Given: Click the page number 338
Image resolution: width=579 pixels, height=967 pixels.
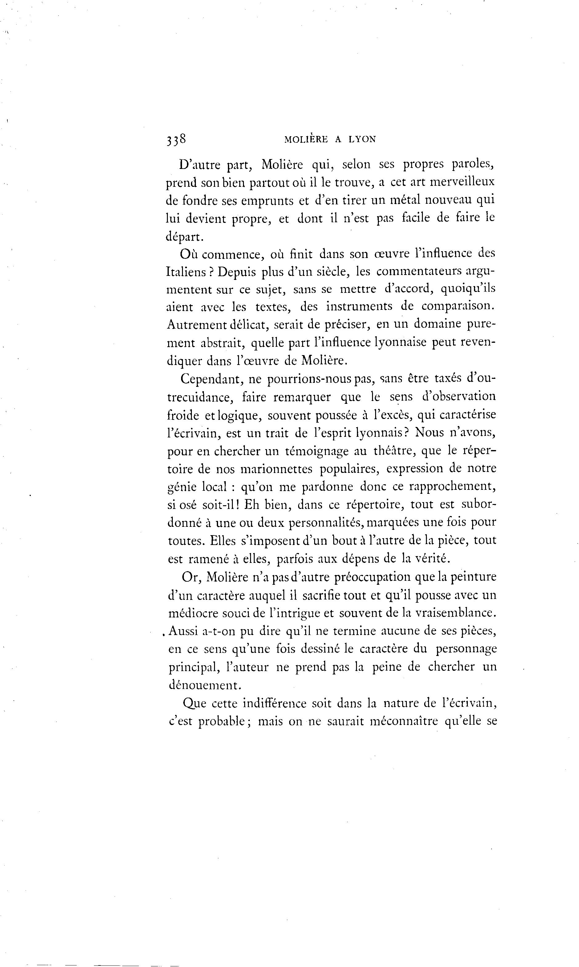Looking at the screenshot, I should tap(176, 140).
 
